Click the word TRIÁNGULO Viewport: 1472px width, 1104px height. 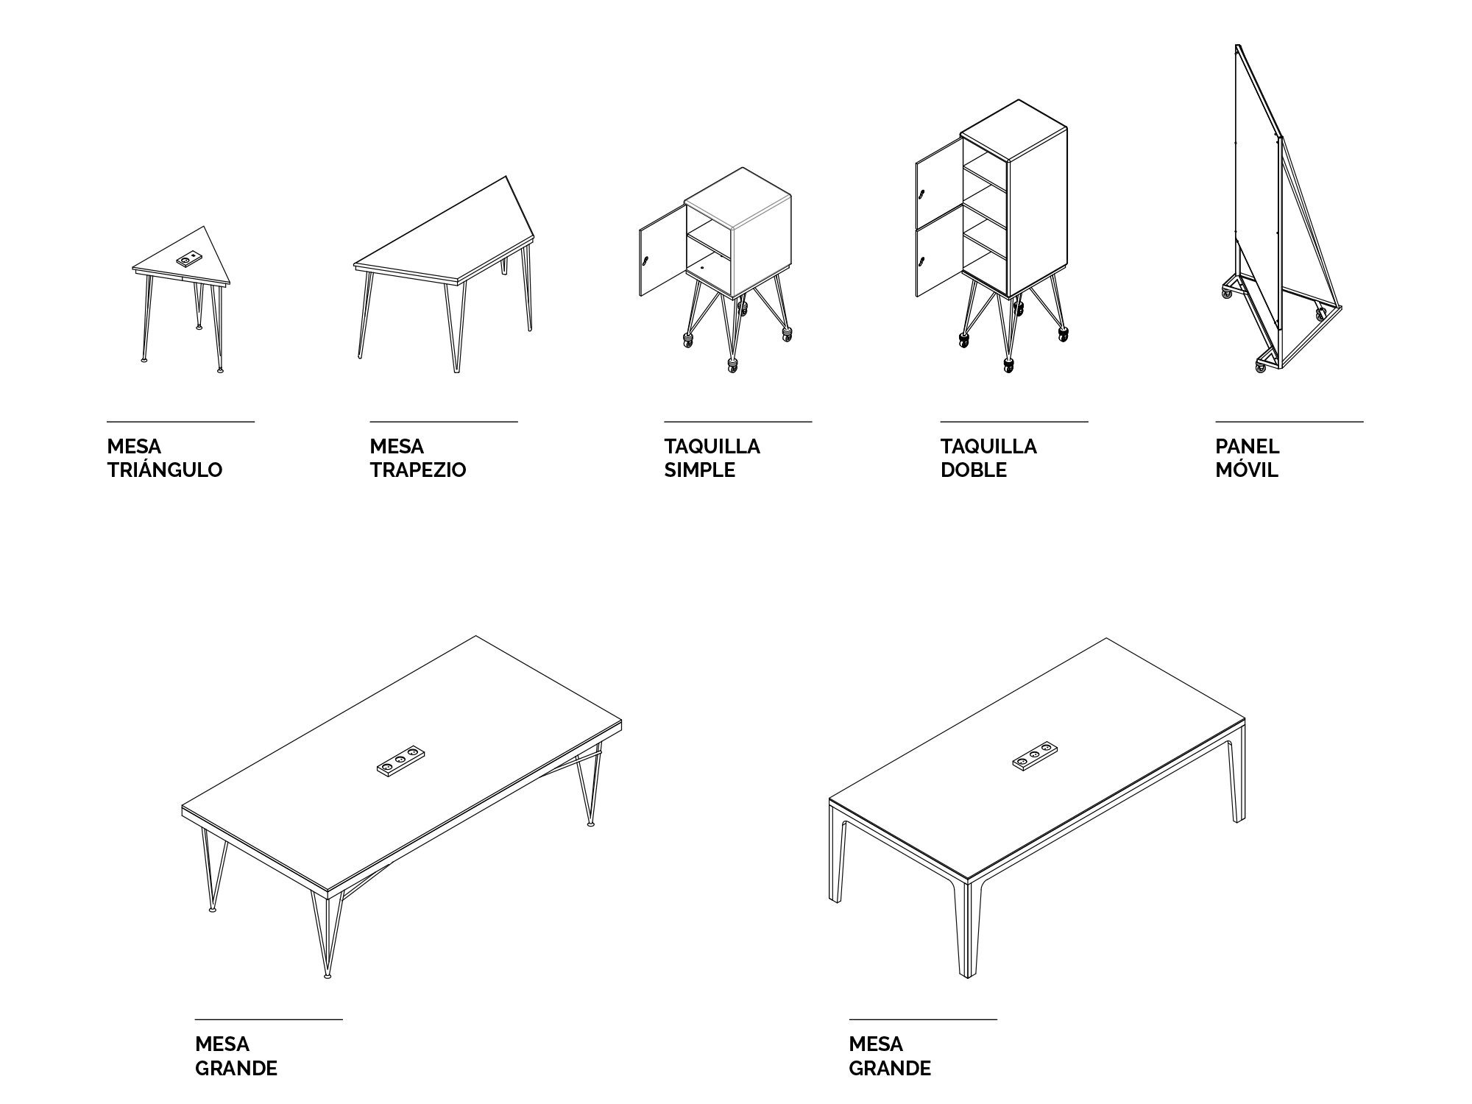[165, 469]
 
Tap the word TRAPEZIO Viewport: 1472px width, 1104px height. [418, 470]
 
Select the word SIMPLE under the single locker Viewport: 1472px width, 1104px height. [700, 470]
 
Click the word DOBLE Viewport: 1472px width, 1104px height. [974, 470]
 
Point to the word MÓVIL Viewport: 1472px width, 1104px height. [1247, 470]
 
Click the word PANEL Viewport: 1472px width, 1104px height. [1248, 447]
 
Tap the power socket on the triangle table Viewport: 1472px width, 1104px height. [189, 259]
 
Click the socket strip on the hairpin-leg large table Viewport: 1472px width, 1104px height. [402, 760]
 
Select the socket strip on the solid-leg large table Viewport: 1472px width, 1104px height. [1035, 757]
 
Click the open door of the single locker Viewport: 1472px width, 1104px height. [662, 251]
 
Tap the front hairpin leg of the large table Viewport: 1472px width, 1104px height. [327, 935]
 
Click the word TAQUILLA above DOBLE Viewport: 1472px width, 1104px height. [988, 447]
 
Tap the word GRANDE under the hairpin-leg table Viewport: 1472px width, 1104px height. [236, 1068]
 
